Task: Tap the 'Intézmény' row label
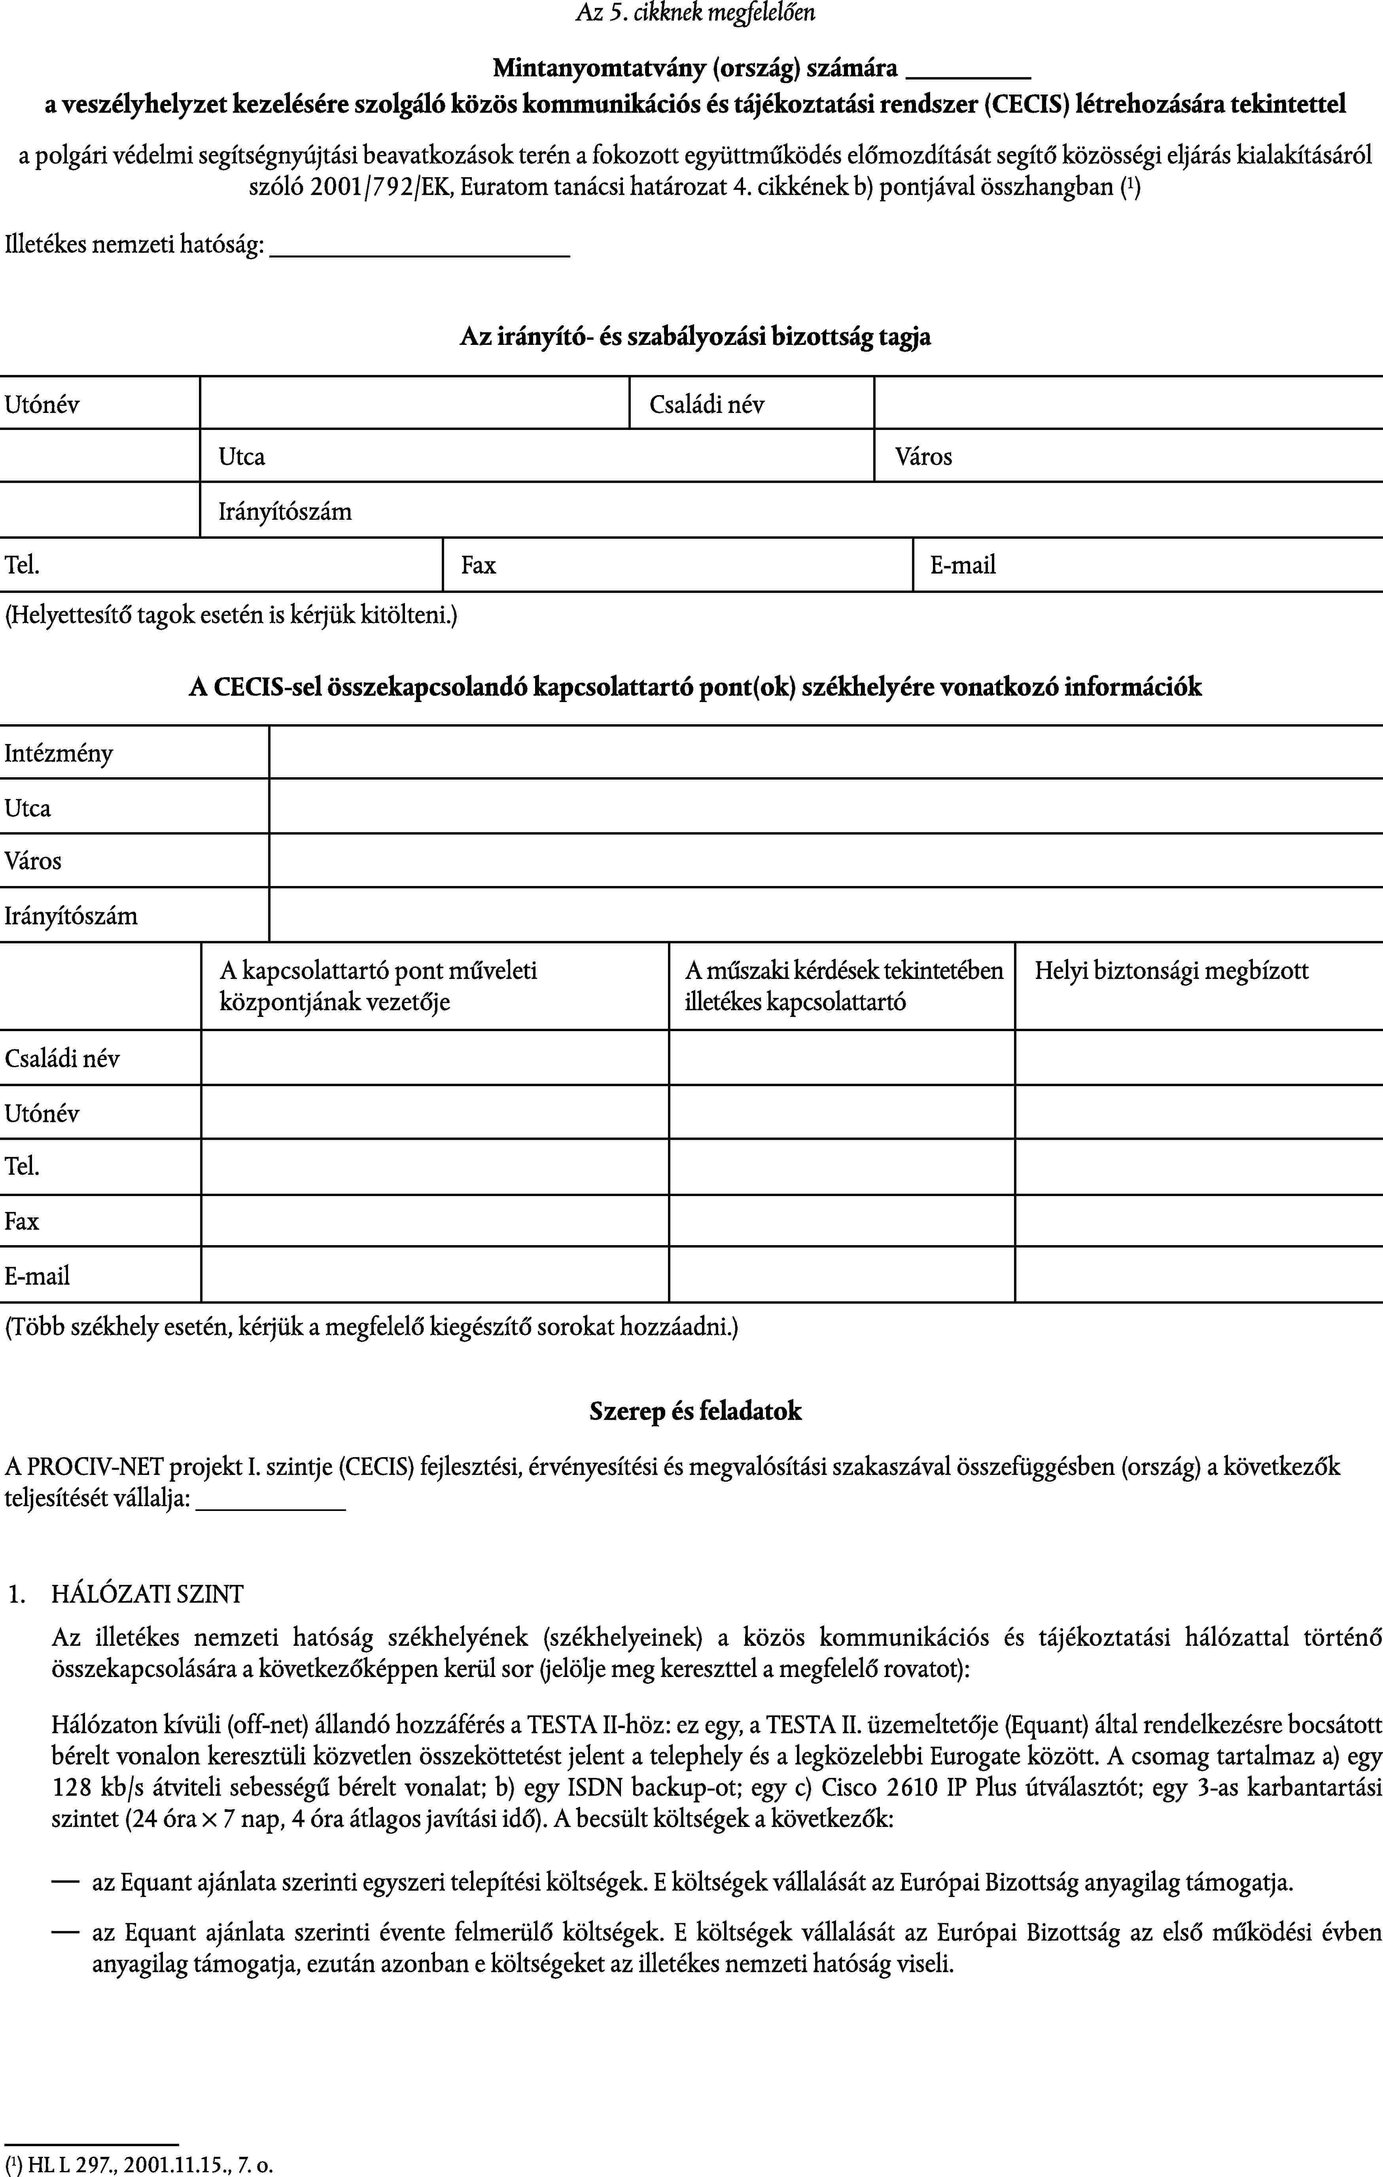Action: pos(59,753)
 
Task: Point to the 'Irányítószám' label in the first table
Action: pos(285,512)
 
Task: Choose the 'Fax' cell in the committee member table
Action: pos(677,565)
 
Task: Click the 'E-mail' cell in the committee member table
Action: pos(1146,565)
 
